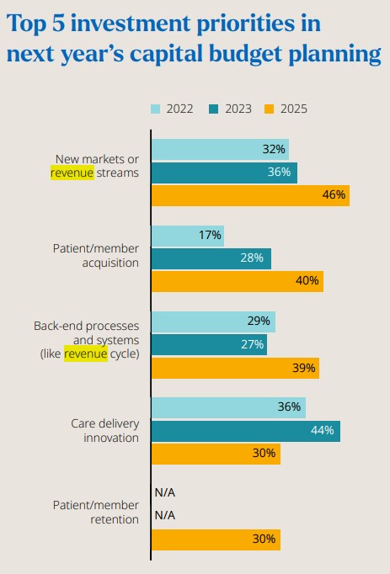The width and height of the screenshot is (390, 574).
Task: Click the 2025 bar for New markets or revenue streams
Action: (249, 195)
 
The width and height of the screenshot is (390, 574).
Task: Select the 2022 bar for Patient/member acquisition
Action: (188, 236)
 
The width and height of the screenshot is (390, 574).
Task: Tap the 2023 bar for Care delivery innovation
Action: (245, 431)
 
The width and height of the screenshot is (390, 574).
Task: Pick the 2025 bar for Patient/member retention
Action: (215, 539)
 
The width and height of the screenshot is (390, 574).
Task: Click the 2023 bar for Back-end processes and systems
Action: (209, 343)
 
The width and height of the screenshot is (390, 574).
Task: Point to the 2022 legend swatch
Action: (155, 108)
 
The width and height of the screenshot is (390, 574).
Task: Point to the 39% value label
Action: (303, 368)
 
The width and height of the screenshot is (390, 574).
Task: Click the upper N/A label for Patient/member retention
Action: (164, 493)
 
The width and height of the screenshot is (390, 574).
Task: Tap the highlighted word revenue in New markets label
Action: (72, 173)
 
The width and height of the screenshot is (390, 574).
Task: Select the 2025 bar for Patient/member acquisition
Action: (237, 281)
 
